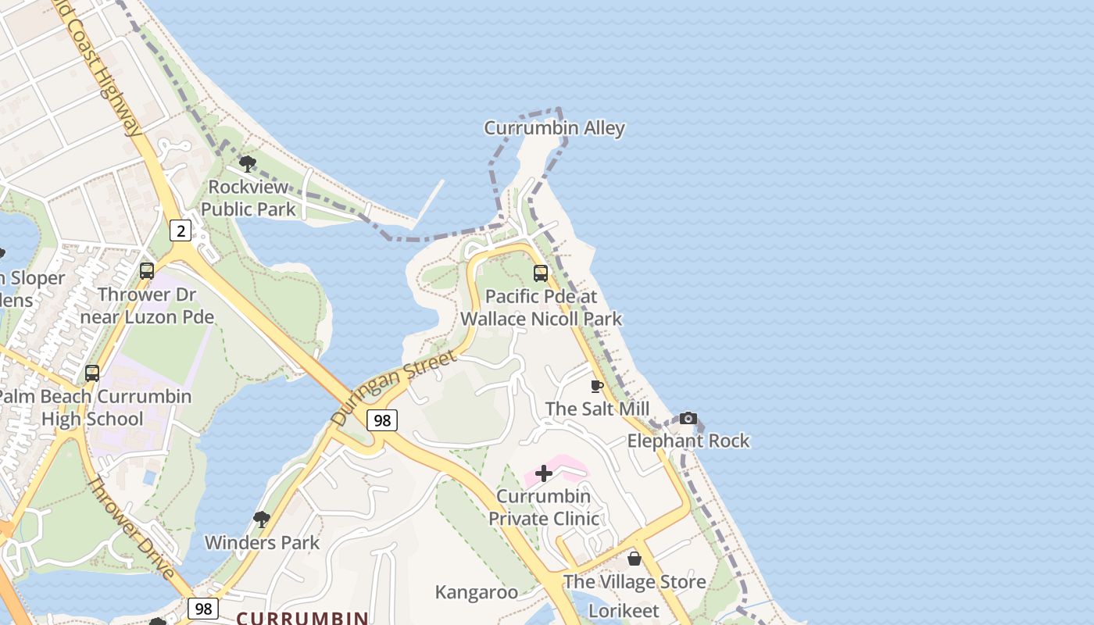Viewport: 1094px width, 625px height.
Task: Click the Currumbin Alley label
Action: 554,128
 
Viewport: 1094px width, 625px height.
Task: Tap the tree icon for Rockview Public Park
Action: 248,164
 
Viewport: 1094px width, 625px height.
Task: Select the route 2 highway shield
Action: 181,230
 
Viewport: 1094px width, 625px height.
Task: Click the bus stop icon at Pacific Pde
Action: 541,273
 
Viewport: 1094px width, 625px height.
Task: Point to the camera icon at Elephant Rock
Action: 688,418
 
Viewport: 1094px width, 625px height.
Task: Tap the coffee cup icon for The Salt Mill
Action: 597,386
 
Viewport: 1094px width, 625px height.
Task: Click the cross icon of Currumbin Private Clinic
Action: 544,473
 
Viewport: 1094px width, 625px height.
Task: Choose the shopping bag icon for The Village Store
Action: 635,559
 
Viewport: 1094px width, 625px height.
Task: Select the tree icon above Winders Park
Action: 262,520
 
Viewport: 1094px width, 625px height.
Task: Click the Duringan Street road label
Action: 393,387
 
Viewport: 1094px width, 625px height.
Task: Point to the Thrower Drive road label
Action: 130,527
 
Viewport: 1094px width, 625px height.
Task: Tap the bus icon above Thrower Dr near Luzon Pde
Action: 147,271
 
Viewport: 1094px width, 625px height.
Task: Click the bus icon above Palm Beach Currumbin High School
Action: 92,373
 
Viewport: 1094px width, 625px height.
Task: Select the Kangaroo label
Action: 476,592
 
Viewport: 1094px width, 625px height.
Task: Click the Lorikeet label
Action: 624,610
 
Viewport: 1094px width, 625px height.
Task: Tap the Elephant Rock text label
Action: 688,441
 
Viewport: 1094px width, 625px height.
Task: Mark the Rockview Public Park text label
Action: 248,198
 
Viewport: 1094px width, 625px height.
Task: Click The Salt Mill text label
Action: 597,409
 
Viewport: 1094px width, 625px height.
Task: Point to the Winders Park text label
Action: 262,542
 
